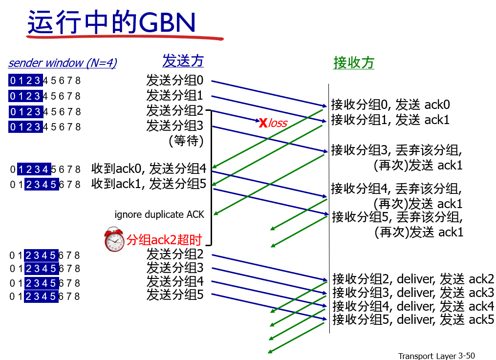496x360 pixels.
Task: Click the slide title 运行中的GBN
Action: click(111, 22)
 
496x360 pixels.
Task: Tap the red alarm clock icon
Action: click(114, 239)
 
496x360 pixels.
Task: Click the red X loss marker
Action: click(263, 123)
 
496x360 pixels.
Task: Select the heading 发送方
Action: click(183, 61)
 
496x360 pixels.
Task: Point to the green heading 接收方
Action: click(353, 63)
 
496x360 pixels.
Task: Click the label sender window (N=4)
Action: click(63, 63)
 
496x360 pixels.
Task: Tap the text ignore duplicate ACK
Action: click(159, 214)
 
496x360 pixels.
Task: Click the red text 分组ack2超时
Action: click(164, 240)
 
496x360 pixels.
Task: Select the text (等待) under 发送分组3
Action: click(186, 141)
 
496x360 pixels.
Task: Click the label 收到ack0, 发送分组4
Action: click(149, 169)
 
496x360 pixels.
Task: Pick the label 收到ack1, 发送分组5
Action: click(149, 184)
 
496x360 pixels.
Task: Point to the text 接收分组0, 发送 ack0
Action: click(390, 105)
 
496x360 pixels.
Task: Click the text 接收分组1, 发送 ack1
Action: click(390, 120)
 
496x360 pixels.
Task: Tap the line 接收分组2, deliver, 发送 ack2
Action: click(413, 279)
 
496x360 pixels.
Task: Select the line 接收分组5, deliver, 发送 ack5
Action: click(413, 320)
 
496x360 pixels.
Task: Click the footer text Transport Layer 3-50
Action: click(436, 356)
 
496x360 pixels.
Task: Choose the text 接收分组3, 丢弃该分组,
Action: click(396, 149)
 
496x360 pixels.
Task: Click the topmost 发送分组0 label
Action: click(174, 81)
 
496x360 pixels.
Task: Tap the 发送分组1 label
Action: click(174, 95)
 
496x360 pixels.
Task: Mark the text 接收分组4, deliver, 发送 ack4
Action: click(413, 306)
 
